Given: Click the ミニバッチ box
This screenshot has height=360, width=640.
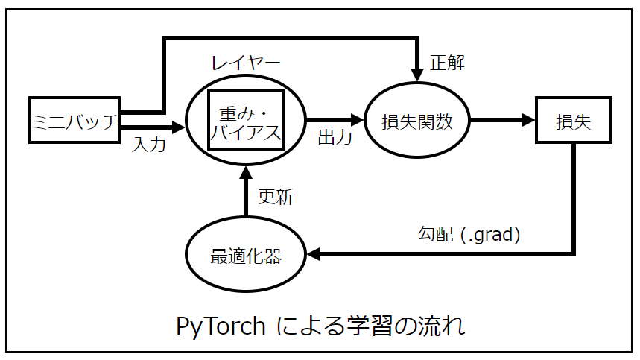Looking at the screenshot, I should tap(75, 120).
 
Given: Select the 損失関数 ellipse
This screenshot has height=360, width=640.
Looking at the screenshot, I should tap(416, 120).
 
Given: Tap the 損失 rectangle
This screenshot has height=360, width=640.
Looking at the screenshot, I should tap(573, 120).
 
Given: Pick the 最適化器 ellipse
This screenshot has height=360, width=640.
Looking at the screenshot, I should tap(245, 256).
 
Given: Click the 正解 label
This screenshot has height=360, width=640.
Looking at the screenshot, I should tap(447, 63).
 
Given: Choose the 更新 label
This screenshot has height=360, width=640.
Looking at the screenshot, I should tap(275, 197).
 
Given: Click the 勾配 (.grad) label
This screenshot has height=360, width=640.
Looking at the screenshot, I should tap(468, 235).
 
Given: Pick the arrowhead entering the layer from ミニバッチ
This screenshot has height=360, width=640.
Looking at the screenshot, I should tap(177, 127).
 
